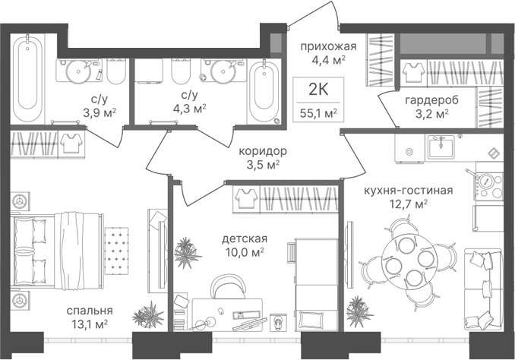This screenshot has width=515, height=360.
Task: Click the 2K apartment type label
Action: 318,90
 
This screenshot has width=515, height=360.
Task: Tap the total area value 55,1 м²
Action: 318,113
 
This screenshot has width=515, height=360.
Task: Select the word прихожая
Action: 328,47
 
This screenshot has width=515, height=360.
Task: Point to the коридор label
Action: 263,151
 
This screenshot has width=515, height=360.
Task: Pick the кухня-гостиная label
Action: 408,190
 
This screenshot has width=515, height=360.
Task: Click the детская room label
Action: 245,238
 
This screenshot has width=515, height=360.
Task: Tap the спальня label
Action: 90,311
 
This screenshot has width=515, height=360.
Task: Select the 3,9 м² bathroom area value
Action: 100,113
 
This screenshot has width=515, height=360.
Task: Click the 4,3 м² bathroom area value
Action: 189,108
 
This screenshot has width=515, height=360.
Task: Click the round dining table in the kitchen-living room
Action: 409,261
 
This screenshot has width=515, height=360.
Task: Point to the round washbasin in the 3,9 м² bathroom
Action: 79,71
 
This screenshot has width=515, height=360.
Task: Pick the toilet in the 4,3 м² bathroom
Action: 181,71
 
